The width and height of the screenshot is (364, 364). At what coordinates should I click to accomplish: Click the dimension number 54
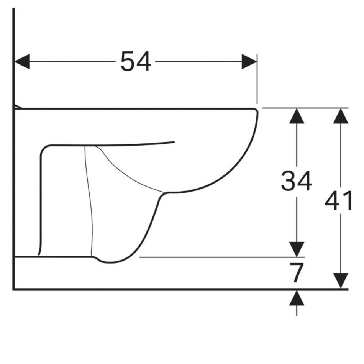(x=136, y=62)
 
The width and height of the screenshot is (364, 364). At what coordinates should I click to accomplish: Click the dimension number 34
(x=297, y=181)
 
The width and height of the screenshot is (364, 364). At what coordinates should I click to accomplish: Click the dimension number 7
(x=297, y=272)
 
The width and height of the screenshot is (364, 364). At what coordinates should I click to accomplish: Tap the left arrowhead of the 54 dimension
(x=22, y=62)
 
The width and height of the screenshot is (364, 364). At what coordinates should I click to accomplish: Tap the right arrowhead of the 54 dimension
(x=249, y=62)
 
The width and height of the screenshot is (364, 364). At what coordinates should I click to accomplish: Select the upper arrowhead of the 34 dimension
(x=297, y=116)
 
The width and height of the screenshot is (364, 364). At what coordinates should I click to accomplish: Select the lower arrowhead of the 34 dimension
(x=297, y=249)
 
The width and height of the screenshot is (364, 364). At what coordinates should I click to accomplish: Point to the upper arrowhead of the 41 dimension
(x=341, y=116)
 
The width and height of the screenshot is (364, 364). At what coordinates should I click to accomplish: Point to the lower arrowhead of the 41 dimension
(x=341, y=280)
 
